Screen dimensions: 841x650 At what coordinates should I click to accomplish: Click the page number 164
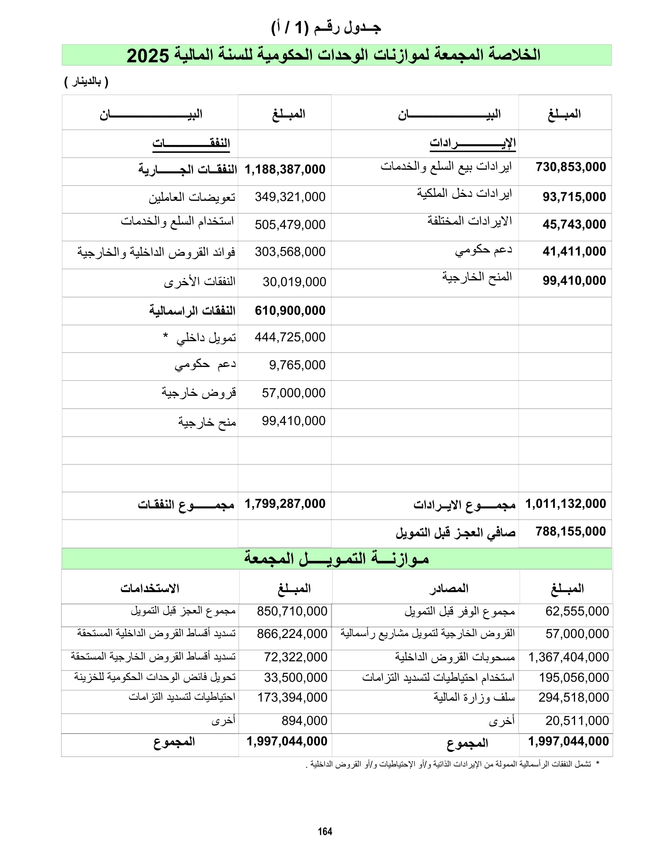[x=325, y=831]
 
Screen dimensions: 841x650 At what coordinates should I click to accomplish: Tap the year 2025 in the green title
[x=148, y=56]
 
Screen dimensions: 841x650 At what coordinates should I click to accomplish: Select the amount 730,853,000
[x=571, y=167]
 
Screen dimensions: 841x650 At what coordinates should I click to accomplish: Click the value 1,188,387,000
[x=285, y=169]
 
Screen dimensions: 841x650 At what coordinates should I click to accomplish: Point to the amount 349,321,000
[x=290, y=197]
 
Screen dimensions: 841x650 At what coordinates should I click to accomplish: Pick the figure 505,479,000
[x=290, y=224]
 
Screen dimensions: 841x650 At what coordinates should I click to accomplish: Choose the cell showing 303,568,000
[x=290, y=252]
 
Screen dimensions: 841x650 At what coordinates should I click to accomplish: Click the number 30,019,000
[x=294, y=281]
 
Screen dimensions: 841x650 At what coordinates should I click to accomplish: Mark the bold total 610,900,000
[x=290, y=310]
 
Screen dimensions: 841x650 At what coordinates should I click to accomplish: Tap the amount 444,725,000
[x=290, y=337]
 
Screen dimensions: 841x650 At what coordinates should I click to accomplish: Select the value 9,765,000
[x=297, y=365]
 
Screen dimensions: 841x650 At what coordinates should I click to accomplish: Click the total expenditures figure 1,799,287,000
[x=285, y=503]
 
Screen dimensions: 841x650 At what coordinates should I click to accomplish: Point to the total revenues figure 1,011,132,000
[x=565, y=503]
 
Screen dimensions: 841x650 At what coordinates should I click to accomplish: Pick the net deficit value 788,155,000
[x=571, y=531]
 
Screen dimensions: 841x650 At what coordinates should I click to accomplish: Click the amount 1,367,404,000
[x=568, y=656]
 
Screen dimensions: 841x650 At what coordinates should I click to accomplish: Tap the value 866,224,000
[x=292, y=633]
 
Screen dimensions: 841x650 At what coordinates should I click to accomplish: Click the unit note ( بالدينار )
[x=86, y=82]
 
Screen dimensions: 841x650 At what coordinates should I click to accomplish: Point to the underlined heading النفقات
[x=191, y=143]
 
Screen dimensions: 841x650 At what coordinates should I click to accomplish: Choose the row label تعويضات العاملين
[x=192, y=198]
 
